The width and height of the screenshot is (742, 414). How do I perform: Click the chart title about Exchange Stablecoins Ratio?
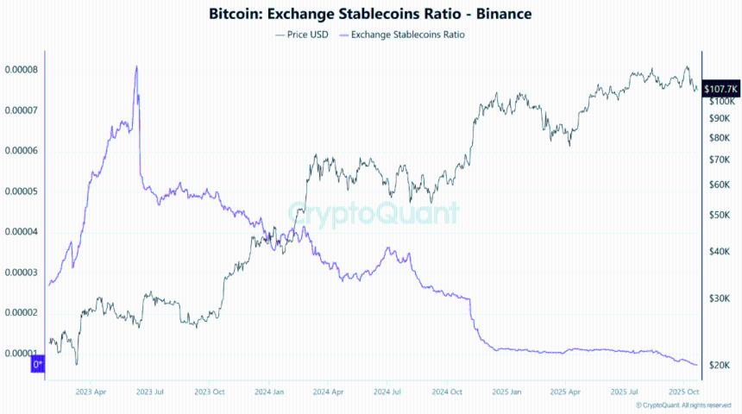(x=370, y=14)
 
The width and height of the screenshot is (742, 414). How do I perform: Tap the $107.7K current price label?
(x=720, y=89)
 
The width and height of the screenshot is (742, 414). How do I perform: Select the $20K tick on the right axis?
(x=719, y=366)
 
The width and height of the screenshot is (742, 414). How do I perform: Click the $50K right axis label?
(x=719, y=216)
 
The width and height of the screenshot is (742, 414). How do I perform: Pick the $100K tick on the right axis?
(x=720, y=102)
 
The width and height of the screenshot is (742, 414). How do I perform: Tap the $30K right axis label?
(x=719, y=298)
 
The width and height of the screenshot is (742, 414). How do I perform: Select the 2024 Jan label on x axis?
(x=269, y=391)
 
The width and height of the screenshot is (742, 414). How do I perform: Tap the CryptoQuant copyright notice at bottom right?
(x=687, y=405)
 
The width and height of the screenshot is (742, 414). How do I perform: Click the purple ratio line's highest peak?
(x=136, y=66)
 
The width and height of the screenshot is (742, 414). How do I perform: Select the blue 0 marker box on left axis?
(x=38, y=366)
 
